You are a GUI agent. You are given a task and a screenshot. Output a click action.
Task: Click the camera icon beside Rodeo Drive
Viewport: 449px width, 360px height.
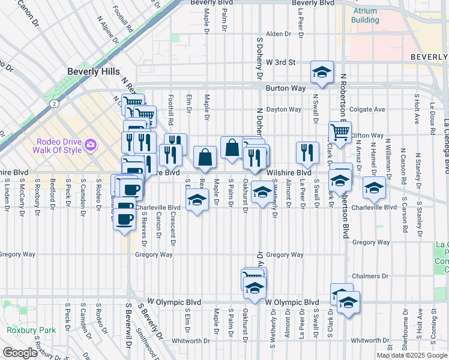click(x=91, y=145)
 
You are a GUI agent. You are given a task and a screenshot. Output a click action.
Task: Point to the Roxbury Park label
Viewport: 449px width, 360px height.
click(x=31, y=330)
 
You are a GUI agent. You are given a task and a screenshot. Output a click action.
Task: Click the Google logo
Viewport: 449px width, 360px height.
click(x=19, y=353)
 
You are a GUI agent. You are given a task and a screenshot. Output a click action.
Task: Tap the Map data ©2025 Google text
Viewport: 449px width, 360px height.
click(x=412, y=355)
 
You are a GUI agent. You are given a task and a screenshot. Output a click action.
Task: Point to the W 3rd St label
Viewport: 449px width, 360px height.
click(x=282, y=62)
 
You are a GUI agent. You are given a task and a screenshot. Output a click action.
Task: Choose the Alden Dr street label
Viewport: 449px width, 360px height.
click(x=279, y=34)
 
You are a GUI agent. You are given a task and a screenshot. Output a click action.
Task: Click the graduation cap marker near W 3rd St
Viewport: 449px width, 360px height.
click(x=322, y=73)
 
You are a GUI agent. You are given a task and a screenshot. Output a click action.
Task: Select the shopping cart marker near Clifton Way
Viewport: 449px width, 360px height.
click(x=340, y=132)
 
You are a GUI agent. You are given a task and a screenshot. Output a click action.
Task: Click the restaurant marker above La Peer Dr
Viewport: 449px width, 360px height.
click(x=307, y=153)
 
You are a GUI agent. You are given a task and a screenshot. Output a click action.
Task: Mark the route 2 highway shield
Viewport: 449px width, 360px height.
click(x=54, y=103)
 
